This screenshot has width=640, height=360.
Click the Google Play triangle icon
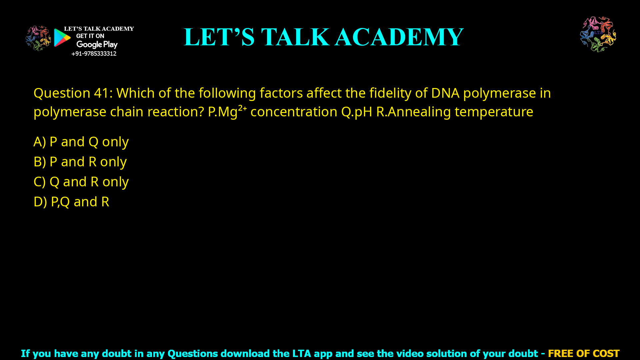62,38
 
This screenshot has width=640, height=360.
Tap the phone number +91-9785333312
94,54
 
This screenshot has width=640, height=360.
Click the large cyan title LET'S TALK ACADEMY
323,37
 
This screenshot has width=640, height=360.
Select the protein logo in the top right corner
598,34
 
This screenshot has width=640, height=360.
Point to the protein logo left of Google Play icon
38,38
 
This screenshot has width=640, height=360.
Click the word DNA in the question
445,93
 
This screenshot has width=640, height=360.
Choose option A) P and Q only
81,142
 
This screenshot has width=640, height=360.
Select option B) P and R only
80,162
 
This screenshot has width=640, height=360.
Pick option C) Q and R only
81,182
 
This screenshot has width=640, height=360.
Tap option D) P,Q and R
71,202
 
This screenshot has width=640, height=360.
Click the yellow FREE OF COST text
583,353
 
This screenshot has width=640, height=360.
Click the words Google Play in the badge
97,45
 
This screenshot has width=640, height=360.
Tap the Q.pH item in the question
356,112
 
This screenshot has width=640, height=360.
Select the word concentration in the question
294,112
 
